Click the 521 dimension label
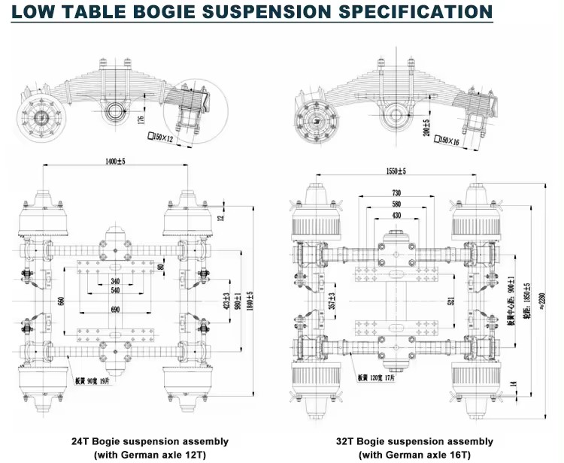[x=451, y=301]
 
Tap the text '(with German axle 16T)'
[x=414, y=455]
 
